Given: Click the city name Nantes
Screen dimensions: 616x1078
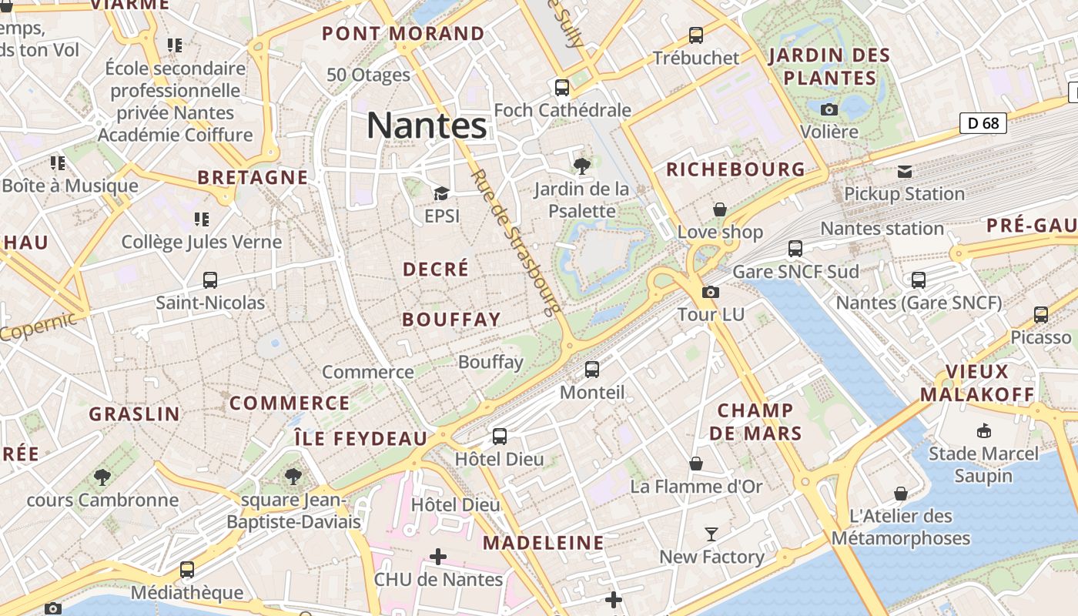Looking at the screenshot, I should (x=427, y=126).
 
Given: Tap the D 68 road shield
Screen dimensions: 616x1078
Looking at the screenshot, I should (x=983, y=122).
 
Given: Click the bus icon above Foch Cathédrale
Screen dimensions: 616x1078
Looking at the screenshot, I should (x=562, y=88).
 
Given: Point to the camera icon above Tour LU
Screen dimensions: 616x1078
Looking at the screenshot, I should (x=711, y=292).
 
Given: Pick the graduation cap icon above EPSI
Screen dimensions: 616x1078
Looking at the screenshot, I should (x=441, y=193).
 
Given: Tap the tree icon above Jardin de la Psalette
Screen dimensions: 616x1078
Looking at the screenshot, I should (x=582, y=166).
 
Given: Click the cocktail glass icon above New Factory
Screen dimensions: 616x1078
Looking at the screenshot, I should (x=711, y=534).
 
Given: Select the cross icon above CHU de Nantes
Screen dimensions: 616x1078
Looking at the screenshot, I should (x=438, y=556).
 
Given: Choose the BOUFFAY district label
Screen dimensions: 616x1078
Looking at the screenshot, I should (x=451, y=320).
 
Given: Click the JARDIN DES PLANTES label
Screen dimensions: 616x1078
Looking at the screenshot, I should (x=829, y=67).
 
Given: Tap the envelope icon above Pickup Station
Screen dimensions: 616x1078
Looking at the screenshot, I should (x=905, y=171).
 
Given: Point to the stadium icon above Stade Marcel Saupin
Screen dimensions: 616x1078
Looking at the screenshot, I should (x=983, y=430).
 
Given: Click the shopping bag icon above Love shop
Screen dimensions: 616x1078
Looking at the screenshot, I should (x=720, y=209).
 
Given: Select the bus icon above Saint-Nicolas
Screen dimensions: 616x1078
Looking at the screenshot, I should (x=210, y=280).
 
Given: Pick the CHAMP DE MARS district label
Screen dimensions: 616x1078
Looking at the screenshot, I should (x=755, y=422).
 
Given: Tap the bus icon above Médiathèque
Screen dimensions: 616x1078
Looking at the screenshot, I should (x=187, y=570).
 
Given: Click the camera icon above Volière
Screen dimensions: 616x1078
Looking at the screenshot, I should (x=829, y=109).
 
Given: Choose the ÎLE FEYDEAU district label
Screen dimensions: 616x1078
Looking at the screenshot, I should (x=360, y=439).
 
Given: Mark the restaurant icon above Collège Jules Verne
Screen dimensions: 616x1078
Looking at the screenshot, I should (x=202, y=219).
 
